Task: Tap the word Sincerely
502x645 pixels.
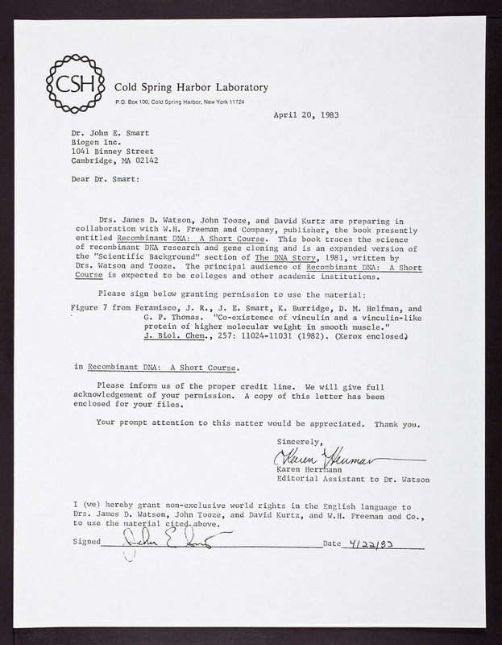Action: (298, 442)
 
